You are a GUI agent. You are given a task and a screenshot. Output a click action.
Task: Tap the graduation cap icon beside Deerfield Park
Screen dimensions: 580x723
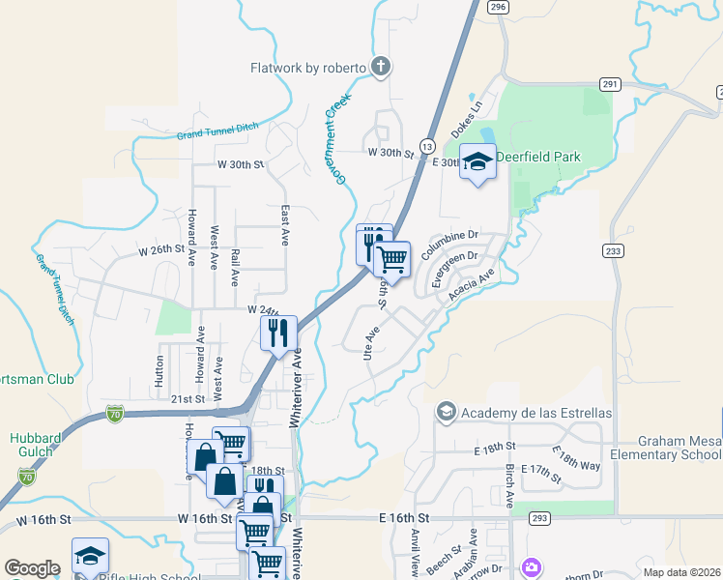click(477, 161)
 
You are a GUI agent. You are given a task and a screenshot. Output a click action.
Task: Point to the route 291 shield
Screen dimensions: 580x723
click(609, 84)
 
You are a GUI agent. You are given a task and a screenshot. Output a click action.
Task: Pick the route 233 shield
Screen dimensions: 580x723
click(612, 250)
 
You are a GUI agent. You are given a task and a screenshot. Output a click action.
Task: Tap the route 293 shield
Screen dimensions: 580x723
click(539, 519)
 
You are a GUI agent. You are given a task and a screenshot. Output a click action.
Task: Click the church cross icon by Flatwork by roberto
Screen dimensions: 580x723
click(381, 67)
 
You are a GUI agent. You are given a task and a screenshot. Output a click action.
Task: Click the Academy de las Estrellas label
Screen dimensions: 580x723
click(536, 413)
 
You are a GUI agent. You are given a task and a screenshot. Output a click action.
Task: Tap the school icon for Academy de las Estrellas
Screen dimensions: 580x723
click(446, 413)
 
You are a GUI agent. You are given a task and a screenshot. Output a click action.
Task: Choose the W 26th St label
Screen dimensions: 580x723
click(160, 248)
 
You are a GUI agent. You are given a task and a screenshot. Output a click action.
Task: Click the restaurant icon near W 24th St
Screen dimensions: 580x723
click(277, 333)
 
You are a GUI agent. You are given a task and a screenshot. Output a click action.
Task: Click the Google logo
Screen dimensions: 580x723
click(32, 568)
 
